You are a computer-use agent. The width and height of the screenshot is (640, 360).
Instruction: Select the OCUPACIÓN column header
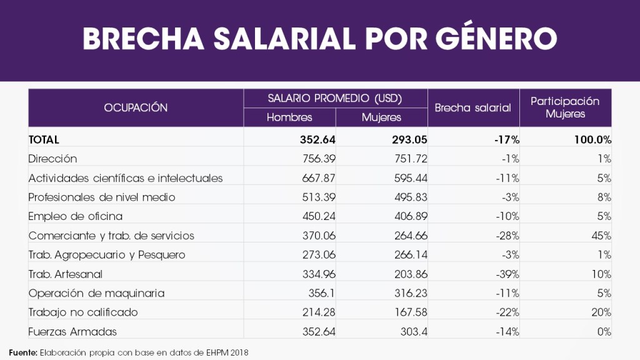136,107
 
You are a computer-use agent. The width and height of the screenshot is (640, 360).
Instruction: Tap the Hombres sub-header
289,117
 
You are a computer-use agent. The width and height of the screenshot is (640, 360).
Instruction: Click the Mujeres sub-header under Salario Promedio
381,117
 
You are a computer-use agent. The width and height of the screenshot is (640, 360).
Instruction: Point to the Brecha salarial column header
472,107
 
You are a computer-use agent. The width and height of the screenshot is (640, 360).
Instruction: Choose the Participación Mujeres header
565,107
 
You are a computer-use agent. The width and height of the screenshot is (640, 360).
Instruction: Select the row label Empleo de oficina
76,216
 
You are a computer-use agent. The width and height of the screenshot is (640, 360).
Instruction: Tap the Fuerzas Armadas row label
72,332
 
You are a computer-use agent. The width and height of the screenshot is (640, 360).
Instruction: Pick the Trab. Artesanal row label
66,274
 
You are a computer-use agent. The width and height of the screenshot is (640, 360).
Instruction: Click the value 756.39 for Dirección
317,159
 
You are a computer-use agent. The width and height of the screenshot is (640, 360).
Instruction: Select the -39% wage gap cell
506,274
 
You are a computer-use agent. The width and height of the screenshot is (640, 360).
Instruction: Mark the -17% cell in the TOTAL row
506,139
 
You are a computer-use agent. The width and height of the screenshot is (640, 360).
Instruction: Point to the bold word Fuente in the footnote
22,352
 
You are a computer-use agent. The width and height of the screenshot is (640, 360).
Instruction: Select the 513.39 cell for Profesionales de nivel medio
317,197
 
